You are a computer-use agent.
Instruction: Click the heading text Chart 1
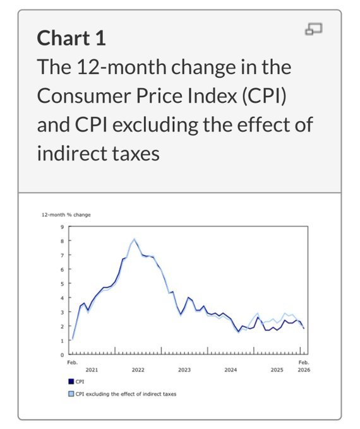click(71, 38)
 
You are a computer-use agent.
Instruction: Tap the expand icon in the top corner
click(314, 30)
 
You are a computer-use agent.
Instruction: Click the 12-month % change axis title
click(66, 214)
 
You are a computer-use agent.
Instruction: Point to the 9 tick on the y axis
click(62, 227)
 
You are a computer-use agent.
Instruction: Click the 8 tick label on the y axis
click(62, 241)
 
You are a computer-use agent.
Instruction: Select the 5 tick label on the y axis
click(62, 284)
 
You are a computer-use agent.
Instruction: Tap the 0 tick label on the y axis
click(62, 355)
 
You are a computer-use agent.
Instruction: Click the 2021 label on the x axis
click(92, 370)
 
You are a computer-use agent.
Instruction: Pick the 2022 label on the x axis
click(138, 370)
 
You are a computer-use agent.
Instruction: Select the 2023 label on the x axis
click(184, 370)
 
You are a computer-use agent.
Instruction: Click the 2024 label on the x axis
click(231, 370)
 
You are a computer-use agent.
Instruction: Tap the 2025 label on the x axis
click(277, 370)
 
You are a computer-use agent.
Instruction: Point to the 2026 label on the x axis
click(304, 370)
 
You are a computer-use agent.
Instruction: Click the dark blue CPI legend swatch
click(71, 382)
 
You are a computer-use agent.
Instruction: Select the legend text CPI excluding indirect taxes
click(126, 394)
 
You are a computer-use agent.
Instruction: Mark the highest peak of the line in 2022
click(134, 240)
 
